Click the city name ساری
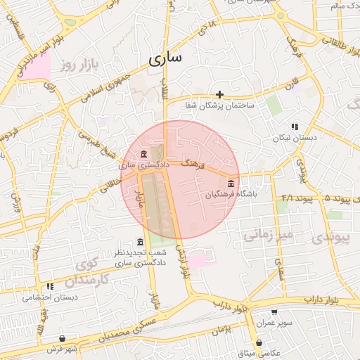(x=165, y=58)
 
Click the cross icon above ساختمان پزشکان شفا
(x=219, y=94)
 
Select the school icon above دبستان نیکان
(x=295, y=127)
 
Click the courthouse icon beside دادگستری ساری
(x=143, y=154)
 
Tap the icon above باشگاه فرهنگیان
(x=231, y=184)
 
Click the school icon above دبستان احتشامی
(x=50, y=286)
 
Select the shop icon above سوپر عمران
(x=274, y=312)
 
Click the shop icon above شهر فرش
(x=63, y=338)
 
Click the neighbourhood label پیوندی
(x=335, y=238)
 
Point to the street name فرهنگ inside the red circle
(x=192, y=164)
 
